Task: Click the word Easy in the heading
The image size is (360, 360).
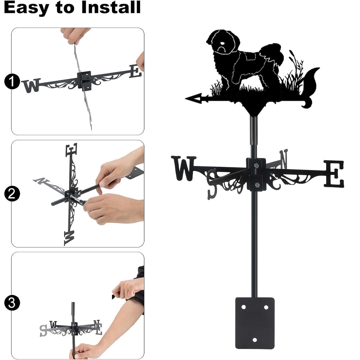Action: (x=27, y=8)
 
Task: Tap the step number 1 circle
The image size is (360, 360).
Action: (x=12, y=81)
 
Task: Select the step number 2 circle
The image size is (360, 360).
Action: (x=12, y=194)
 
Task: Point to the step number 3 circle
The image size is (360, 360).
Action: (x=12, y=303)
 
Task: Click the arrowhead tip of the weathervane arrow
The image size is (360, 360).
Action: (x=185, y=99)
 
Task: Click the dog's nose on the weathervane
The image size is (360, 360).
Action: (x=222, y=43)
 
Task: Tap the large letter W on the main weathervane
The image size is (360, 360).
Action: (x=184, y=168)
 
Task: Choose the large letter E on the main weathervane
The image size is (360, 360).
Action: (x=334, y=174)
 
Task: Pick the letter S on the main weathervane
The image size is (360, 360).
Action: (x=213, y=184)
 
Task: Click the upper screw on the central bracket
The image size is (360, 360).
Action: (x=256, y=165)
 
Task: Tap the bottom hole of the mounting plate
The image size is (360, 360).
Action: (x=255, y=340)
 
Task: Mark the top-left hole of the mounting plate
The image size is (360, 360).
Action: (x=243, y=307)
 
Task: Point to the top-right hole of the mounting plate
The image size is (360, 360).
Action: (x=266, y=307)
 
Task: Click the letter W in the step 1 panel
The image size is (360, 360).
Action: (x=31, y=85)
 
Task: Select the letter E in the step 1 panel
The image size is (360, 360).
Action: (x=135, y=71)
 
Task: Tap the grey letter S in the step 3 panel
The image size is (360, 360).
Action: (x=43, y=330)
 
